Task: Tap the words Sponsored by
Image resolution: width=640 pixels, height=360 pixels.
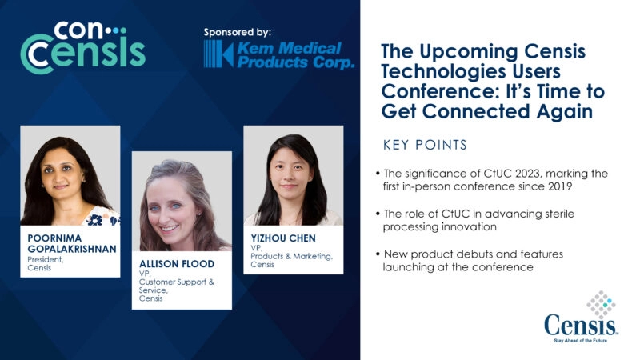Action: (x=238, y=33)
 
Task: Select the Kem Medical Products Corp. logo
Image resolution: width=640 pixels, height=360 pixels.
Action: (x=278, y=55)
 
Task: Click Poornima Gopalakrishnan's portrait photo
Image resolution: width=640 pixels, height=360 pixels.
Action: (x=70, y=175)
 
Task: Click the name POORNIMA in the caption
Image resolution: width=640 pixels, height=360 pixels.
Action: (x=51, y=238)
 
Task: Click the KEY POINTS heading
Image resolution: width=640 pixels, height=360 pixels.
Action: (x=426, y=146)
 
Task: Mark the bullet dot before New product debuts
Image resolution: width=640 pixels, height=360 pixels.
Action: (x=377, y=254)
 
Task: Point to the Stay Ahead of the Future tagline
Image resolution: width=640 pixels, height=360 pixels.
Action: (x=582, y=340)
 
